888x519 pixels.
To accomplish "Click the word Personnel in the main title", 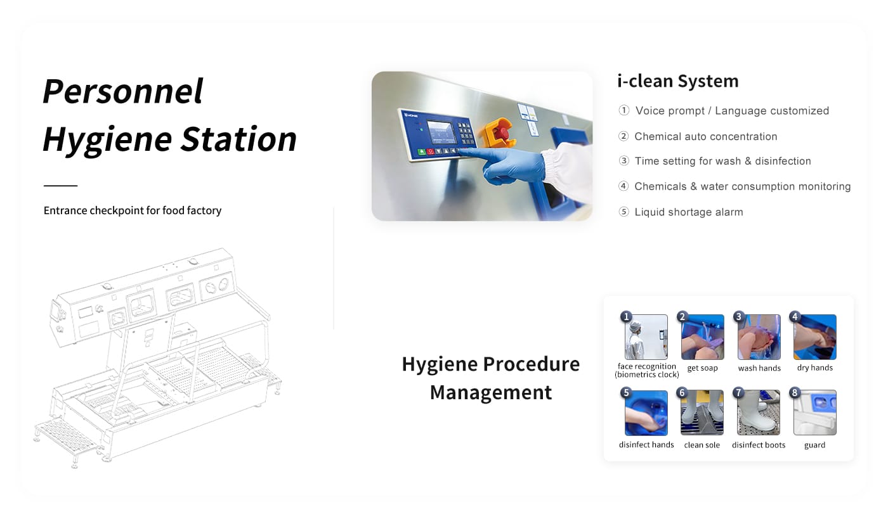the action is coord(123,91).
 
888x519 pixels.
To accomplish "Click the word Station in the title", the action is coord(238,139).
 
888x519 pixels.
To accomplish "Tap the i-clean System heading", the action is coord(678,81).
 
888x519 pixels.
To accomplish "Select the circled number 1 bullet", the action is coord(624,110).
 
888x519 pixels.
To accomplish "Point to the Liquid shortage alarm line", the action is coord(689,212).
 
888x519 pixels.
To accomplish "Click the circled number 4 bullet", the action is coord(624,186).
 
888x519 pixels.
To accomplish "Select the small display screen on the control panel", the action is coord(440,130).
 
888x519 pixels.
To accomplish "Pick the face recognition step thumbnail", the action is coord(646,337).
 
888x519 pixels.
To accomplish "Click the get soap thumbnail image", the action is coord(703,337).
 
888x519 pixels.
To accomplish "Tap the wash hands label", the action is coord(759,368).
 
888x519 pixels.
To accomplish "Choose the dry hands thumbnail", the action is coord(815,337).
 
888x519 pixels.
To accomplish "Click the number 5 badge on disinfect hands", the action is coord(627,392).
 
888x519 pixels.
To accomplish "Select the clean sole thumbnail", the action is coord(702,413).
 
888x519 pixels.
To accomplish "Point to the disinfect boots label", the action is coord(759,445).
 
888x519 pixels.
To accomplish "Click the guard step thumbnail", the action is coord(815,413).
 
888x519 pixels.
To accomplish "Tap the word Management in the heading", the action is coord(491,393).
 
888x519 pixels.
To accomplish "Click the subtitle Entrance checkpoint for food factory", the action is coord(133,210).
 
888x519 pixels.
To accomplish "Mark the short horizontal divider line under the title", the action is coord(61,185).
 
